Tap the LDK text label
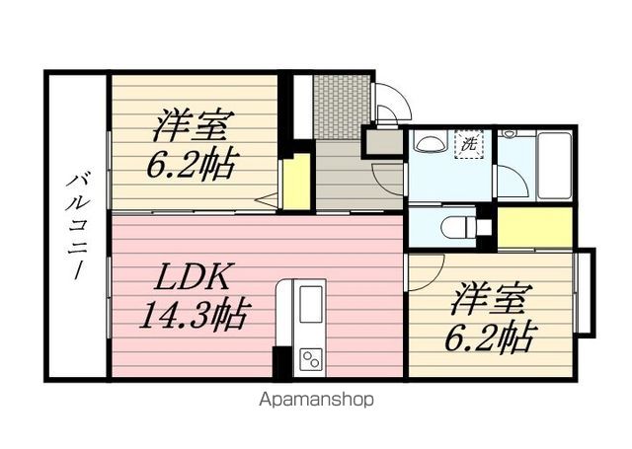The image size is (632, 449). (192, 276)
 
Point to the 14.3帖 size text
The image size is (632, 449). (193, 316)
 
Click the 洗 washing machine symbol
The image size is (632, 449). (469, 144)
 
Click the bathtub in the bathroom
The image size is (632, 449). (555, 165)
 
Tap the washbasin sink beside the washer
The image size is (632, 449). (430, 142)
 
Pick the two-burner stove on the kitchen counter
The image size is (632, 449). (310, 359)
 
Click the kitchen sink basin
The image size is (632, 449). (310, 304)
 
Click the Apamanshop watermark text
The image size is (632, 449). (316, 400)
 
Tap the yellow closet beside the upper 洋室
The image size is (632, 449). (296, 182)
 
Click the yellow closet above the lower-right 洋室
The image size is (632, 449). (535, 228)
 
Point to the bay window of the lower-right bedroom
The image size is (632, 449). (585, 291)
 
